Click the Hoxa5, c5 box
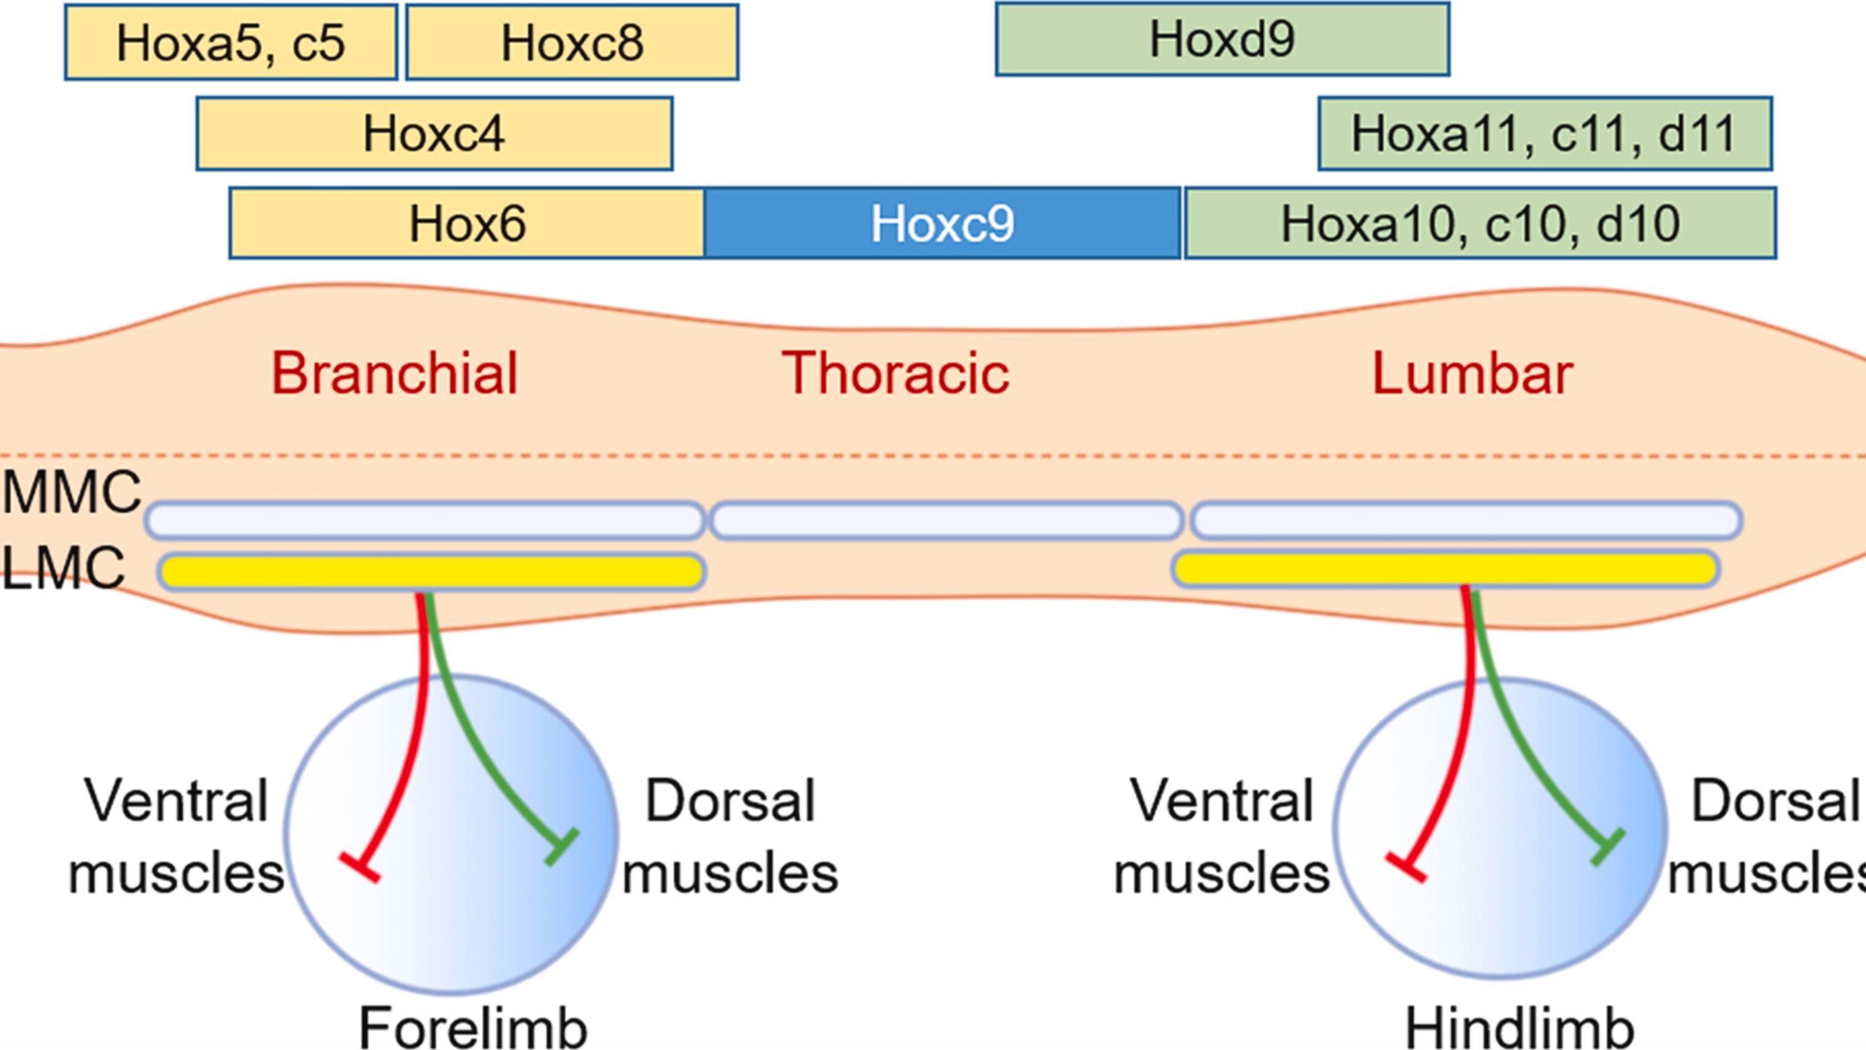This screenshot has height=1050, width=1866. point(230,42)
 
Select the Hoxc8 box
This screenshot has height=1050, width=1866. point(572,42)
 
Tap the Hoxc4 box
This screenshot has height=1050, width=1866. point(434,134)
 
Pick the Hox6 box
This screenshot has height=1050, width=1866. point(467,223)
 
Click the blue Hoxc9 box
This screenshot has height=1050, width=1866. point(942,223)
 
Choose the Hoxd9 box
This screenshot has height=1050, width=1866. point(1222,39)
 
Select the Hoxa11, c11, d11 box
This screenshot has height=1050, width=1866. point(1544,134)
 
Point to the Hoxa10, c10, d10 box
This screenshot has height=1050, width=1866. point(1480,223)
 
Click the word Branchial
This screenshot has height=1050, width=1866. point(395,374)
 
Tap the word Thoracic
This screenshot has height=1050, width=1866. point(895,374)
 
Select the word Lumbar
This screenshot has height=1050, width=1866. point(1472,374)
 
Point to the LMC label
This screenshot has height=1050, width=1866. point(64,568)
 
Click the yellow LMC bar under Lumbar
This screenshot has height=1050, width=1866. point(1445,569)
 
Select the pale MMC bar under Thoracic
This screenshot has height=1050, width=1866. point(946,521)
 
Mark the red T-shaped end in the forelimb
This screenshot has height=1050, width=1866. point(360,868)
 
